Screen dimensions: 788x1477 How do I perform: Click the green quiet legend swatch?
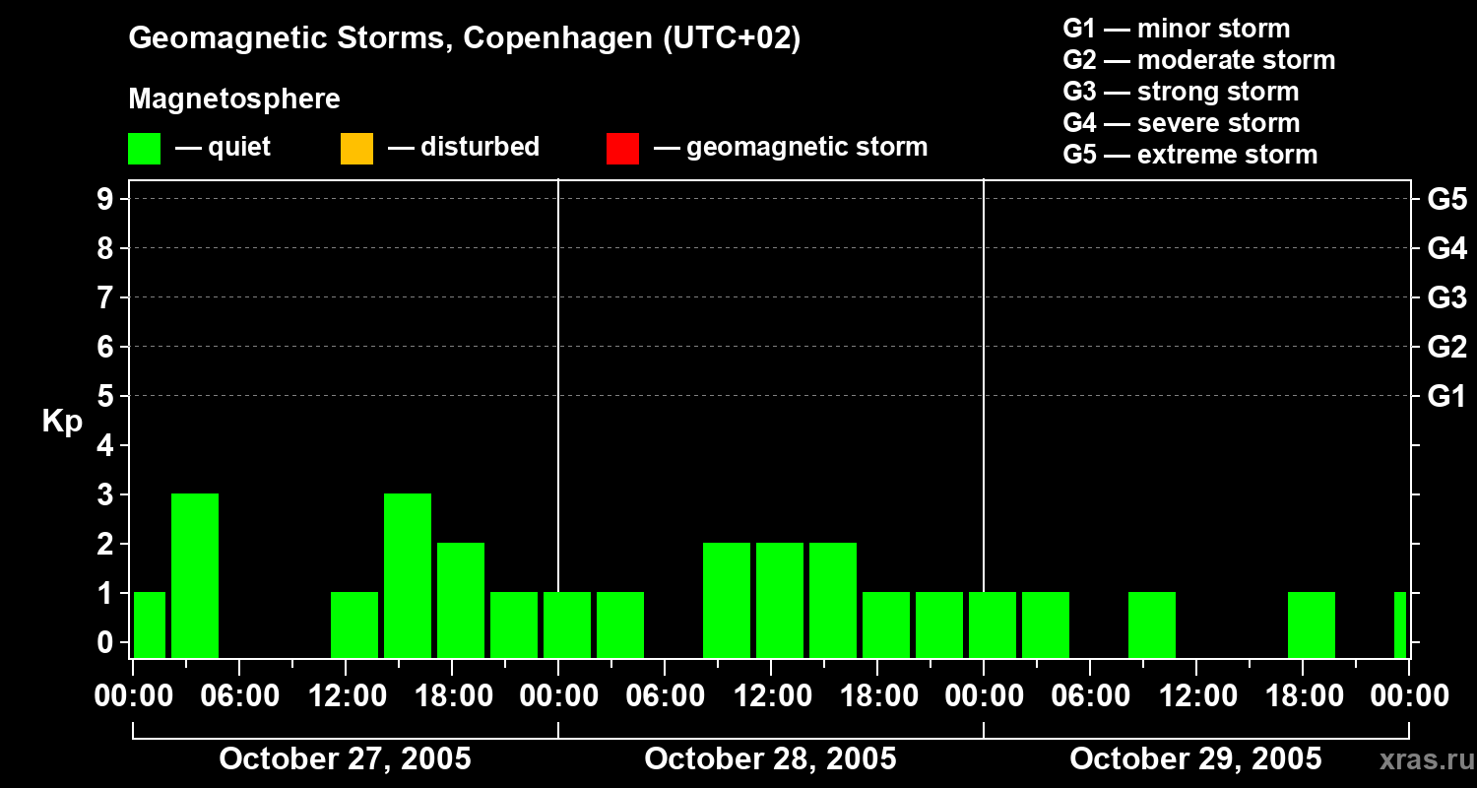pyautogui.click(x=144, y=148)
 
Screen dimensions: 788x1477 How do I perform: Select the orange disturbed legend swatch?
pyautogui.click(x=356, y=148)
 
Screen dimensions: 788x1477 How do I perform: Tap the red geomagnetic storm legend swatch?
pyautogui.click(x=622, y=148)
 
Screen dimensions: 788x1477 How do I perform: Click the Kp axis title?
pyautogui.click(x=62, y=422)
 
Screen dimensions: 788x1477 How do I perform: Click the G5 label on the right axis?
pyautogui.click(x=1446, y=200)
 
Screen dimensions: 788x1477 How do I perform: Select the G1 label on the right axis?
pyautogui.click(x=1446, y=397)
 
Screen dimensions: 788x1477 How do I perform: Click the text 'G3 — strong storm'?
pyautogui.click(x=1181, y=92)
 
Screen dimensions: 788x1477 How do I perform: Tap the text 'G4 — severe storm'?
pyautogui.click(x=1181, y=123)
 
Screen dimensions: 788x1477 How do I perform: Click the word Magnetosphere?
pyautogui.click(x=234, y=99)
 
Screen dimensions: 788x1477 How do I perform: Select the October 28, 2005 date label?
pyautogui.click(x=770, y=759)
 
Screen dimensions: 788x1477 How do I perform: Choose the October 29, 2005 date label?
pyautogui.click(x=1195, y=759)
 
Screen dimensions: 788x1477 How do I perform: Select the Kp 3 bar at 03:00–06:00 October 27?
pyautogui.click(x=195, y=575)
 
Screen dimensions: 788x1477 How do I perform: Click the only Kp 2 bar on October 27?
pyautogui.click(x=461, y=600)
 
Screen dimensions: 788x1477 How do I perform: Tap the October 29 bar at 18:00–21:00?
pyautogui.click(x=1312, y=624)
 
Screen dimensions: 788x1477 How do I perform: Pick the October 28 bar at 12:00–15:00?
pyautogui.click(x=780, y=600)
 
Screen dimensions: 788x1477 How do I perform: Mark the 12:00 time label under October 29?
pyautogui.click(x=1195, y=696)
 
